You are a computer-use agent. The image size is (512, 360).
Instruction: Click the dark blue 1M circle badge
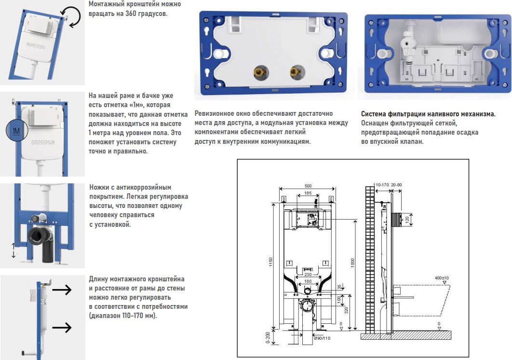click(16, 131)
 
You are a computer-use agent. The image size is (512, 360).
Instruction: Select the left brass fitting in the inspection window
click(261, 72)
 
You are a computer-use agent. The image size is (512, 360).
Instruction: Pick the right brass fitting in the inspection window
click(297, 71)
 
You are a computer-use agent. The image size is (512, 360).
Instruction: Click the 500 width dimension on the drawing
click(308, 186)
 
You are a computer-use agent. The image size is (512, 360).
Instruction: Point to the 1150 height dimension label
click(270, 262)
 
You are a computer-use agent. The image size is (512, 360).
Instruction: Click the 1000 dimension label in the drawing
click(352, 263)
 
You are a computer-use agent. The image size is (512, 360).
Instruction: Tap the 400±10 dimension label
click(442, 278)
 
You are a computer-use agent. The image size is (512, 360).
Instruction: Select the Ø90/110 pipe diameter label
click(322, 338)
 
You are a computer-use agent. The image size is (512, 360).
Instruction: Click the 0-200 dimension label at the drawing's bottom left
click(268, 337)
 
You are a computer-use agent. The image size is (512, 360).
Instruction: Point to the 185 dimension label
click(308, 193)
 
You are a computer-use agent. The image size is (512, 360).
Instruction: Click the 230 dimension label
click(308, 274)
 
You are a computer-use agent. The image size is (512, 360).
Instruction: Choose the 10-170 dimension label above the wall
click(382, 185)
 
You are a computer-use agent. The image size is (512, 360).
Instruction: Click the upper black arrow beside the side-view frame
click(62, 290)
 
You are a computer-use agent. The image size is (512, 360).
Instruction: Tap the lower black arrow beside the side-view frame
click(62, 327)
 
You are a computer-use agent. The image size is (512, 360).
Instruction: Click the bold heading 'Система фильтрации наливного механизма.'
click(429, 114)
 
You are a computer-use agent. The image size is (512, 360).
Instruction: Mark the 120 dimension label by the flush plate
click(407, 220)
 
